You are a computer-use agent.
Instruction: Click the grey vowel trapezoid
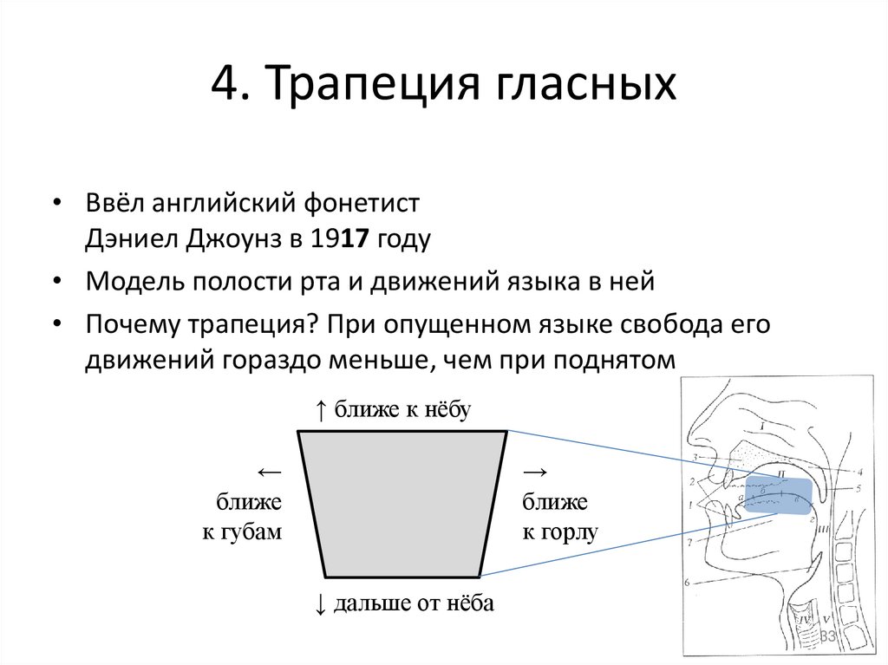coord(402,504)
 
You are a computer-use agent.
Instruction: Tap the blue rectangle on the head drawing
coord(780,496)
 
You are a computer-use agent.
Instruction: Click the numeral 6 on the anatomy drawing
coord(687,583)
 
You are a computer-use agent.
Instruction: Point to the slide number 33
coord(828,637)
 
